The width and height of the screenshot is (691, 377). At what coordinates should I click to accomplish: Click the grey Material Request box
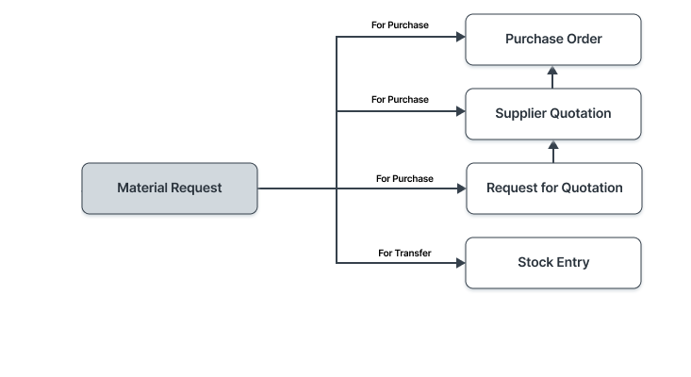coord(170,188)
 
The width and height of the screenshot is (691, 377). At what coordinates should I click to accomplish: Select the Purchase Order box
coord(553,40)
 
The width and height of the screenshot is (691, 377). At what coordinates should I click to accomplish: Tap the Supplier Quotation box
coord(553,114)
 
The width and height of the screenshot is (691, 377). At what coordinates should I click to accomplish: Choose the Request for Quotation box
coord(553,188)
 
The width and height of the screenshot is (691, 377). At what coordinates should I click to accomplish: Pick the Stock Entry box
coord(553,263)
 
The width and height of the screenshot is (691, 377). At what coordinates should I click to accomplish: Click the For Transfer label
coord(404,253)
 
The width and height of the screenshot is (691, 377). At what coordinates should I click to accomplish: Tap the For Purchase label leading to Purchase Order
coord(400,25)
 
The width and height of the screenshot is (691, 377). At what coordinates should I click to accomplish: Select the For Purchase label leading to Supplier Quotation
coord(400,99)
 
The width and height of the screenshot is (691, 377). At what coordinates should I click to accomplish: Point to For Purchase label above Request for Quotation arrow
coord(404,178)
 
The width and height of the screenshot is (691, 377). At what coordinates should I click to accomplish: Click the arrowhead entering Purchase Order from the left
coord(461,37)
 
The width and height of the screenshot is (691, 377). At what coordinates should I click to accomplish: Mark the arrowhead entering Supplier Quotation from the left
coord(461,111)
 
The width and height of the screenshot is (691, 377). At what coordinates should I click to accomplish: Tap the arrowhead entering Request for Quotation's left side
coord(461,188)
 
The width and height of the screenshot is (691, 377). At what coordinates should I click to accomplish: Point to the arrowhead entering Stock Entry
coord(461,263)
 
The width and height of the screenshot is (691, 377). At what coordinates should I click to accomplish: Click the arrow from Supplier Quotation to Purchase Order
coord(553,76)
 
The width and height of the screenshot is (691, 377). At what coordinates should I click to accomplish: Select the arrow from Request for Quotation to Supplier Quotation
coord(553,151)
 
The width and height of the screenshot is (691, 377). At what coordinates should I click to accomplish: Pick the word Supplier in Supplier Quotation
coord(522,114)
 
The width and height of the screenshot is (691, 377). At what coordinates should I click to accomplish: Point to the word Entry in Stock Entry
coord(572,263)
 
